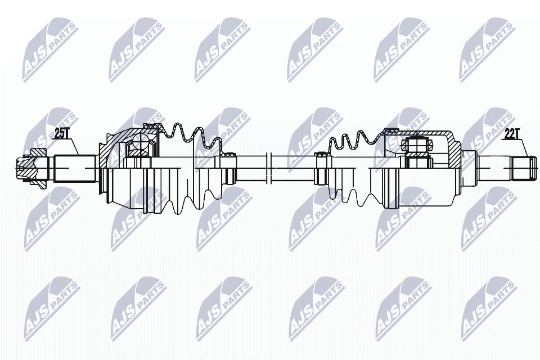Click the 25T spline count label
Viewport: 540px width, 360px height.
(x=61, y=134)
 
